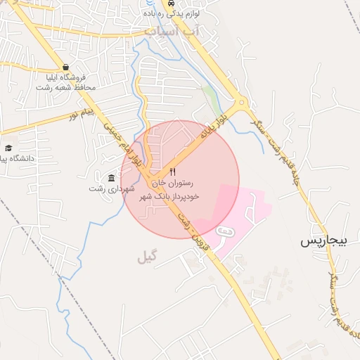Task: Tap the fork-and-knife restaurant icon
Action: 174,172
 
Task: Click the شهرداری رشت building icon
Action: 112,176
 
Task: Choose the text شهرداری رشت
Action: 106,188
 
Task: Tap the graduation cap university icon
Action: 8,148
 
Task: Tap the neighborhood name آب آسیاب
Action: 172,32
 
